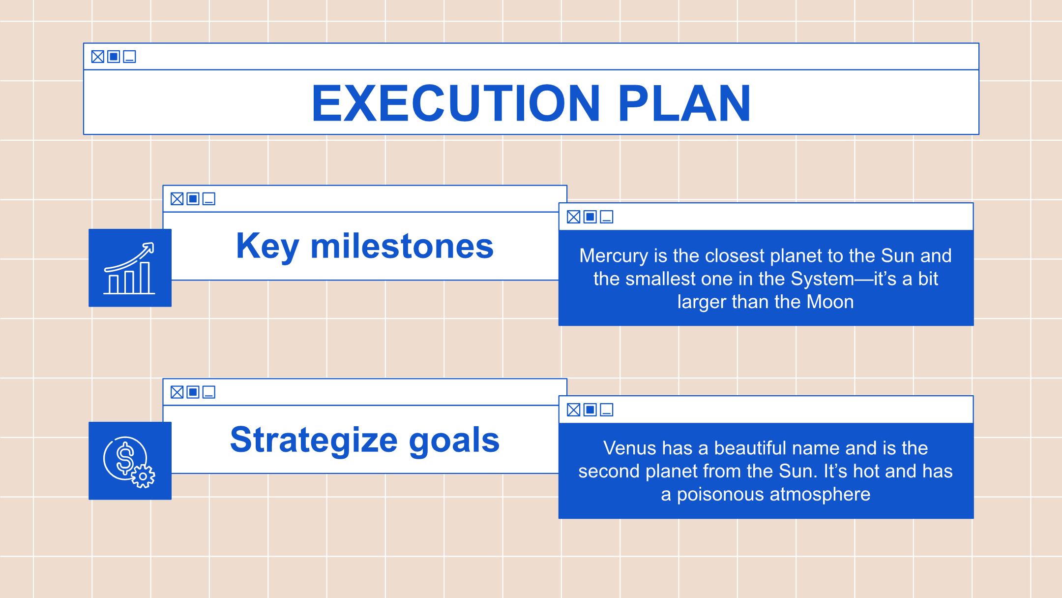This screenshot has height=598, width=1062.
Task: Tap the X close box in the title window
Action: tap(98, 57)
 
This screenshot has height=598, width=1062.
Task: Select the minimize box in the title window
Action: tap(129, 57)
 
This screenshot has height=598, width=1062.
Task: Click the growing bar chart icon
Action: tap(130, 268)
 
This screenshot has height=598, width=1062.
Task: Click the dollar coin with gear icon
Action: tap(129, 462)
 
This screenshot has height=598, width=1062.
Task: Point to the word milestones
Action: tap(402, 246)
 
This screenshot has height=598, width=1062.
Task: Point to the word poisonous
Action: tap(720, 494)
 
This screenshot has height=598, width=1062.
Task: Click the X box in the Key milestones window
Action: tap(177, 199)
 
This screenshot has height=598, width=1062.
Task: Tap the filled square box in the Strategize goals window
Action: tap(193, 392)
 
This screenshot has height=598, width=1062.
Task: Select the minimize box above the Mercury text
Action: tap(607, 217)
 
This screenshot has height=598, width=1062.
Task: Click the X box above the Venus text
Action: tap(573, 409)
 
